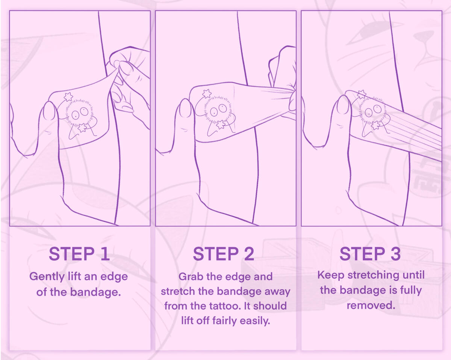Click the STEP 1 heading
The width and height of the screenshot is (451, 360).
pos(79,254)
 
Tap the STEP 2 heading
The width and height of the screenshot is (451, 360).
pos(224,254)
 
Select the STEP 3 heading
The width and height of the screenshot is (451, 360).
pos(370,254)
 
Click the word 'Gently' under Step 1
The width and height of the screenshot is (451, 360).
pos(47,277)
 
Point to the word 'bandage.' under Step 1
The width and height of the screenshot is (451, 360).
pos(95,292)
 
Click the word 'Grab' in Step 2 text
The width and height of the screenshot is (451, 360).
pos(191,276)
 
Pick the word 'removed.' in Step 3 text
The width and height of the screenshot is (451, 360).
pos(371,305)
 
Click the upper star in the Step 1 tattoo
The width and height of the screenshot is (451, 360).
pos(68,97)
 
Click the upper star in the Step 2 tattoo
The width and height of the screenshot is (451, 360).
pos(207,94)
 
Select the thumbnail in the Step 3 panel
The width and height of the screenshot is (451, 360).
pos(343,105)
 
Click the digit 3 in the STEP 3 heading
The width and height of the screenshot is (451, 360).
pos(395,254)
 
